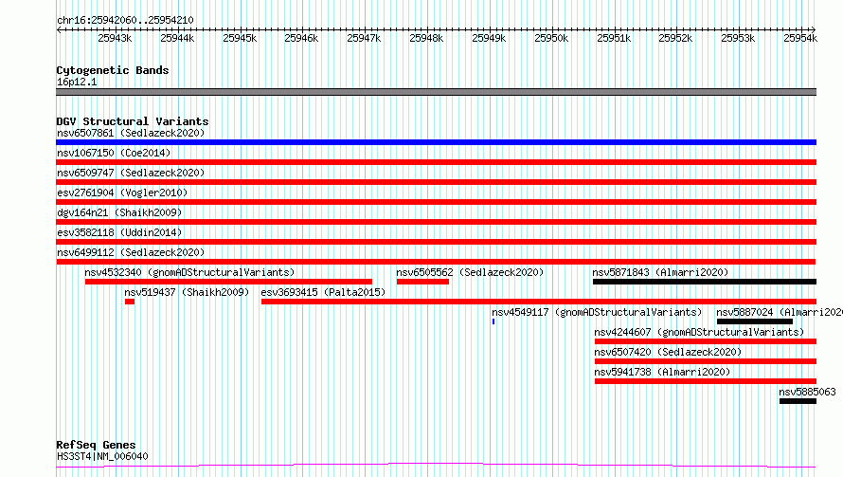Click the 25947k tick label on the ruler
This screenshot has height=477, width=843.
coord(364,38)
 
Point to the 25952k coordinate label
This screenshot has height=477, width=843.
coord(675,38)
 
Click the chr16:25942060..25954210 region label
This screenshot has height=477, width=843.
coord(125,20)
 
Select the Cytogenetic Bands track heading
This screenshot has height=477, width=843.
coord(113,70)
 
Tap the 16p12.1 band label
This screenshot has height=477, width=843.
coord(77,82)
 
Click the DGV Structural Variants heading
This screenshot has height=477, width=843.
coord(133,121)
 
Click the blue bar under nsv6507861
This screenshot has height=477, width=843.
coord(436,142)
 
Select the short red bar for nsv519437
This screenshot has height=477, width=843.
coord(130,302)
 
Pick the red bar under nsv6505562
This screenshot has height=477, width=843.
coord(422,282)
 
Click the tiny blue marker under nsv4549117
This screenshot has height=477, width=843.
coord(493,321)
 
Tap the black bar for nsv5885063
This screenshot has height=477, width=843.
coord(798,401)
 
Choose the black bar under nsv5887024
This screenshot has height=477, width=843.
coord(755,321)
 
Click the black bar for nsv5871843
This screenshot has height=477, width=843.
coord(705,282)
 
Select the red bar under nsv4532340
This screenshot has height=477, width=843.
coord(228,282)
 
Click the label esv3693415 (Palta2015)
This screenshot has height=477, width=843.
coord(323,292)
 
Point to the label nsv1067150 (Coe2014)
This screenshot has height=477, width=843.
coord(114,153)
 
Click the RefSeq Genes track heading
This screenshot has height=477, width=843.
coord(96,445)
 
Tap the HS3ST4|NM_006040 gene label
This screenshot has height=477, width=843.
coord(102,456)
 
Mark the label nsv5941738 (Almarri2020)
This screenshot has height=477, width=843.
coord(662,372)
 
